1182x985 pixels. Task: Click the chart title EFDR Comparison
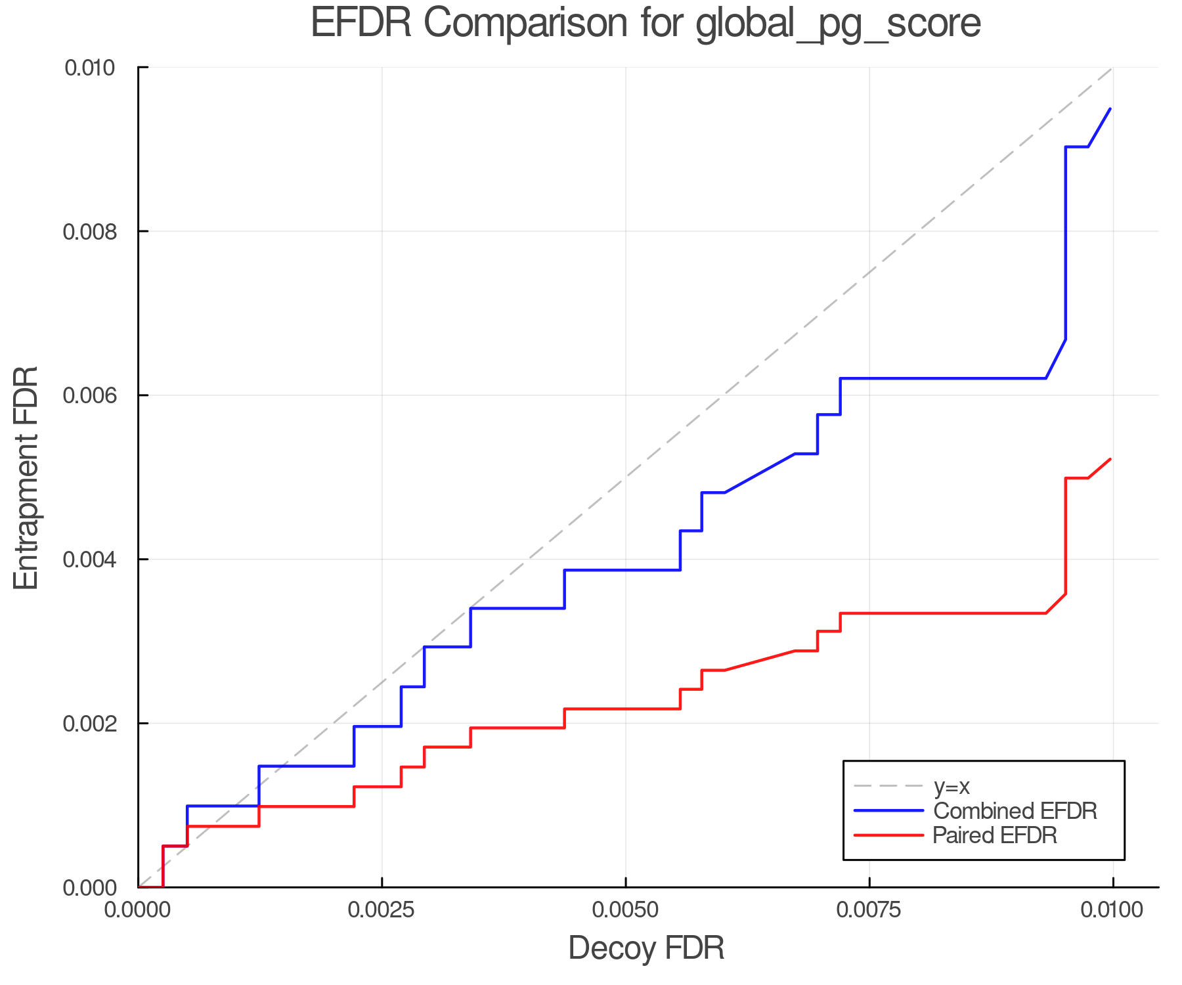[646, 24]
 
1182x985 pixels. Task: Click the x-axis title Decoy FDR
[646, 948]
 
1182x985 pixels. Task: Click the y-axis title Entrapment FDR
[26, 477]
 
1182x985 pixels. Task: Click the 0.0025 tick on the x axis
[382, 910]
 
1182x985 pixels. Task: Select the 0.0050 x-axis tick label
[625, 910]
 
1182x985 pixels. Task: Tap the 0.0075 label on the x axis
[869, 910]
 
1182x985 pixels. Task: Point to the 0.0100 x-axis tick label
[1112, 910]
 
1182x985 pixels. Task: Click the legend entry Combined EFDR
[1015, 811]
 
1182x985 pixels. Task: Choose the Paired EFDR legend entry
[995, 835]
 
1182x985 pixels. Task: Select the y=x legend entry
[952, 786]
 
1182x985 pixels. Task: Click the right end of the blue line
[1110, 109]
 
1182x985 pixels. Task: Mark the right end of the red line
[1110, 459]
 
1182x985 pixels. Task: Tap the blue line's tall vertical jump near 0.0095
[1065, 243]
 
